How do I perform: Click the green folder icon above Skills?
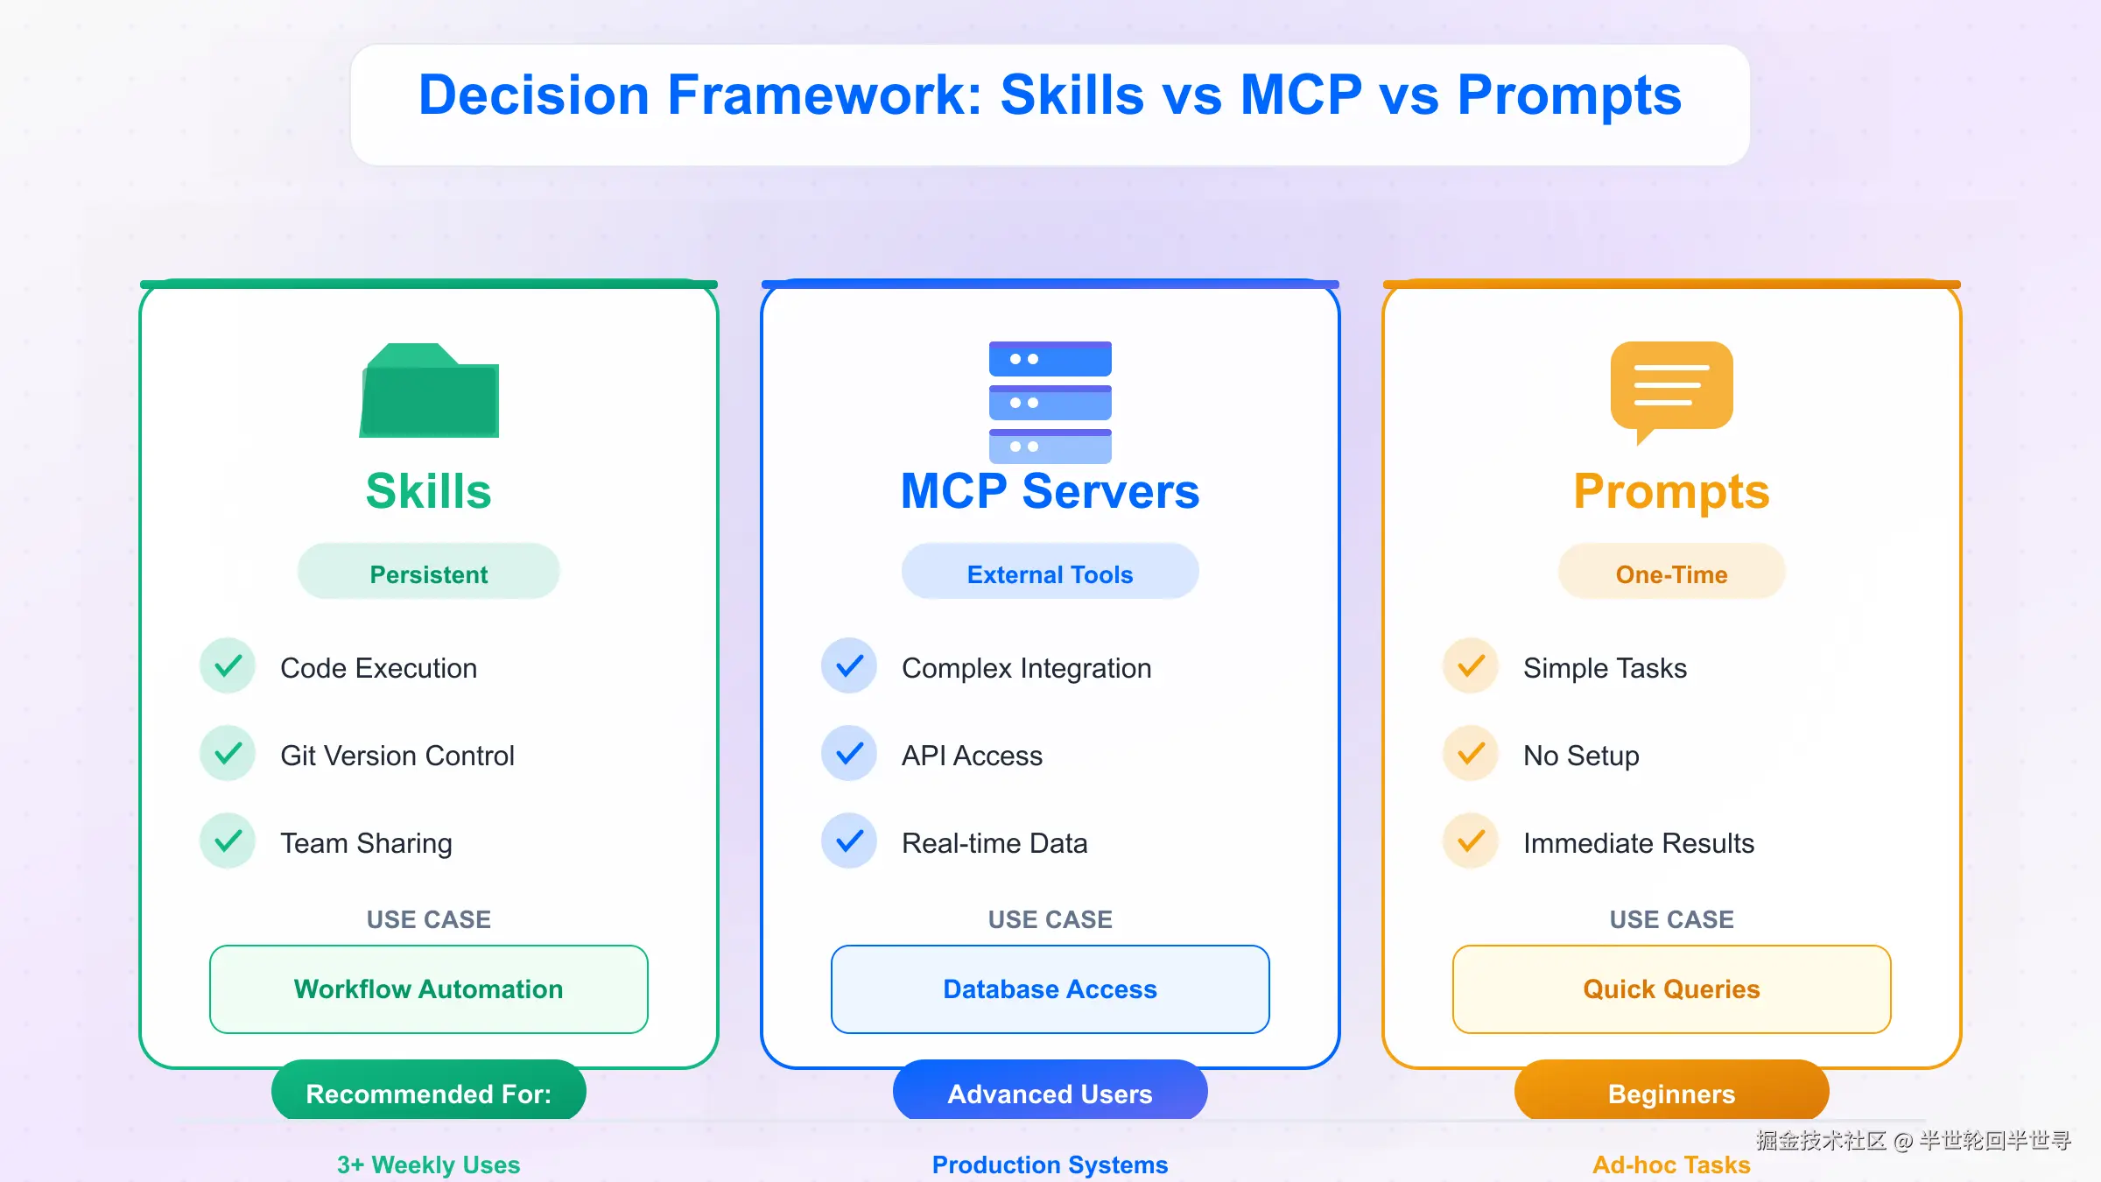(429, 390)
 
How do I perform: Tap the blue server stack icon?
(1050, 402)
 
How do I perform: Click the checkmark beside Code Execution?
(228, 666)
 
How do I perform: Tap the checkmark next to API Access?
(849, 754)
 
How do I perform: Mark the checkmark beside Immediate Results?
(1471, 841)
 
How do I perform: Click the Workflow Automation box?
(429, 989)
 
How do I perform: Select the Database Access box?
(1050, 989)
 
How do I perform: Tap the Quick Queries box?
(1671, 989)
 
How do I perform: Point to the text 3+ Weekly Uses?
(429, 1164)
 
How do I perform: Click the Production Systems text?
(1050, 1164)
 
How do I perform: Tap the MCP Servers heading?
(1050, 490)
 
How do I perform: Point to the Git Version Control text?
(397, 756)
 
